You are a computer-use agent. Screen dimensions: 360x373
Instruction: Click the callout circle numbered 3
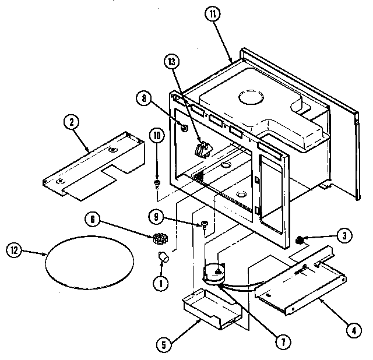coord(346,235)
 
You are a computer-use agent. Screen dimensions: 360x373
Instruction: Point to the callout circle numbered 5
coord(166,343)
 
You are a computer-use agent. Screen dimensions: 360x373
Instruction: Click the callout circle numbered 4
coord(352,329)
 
